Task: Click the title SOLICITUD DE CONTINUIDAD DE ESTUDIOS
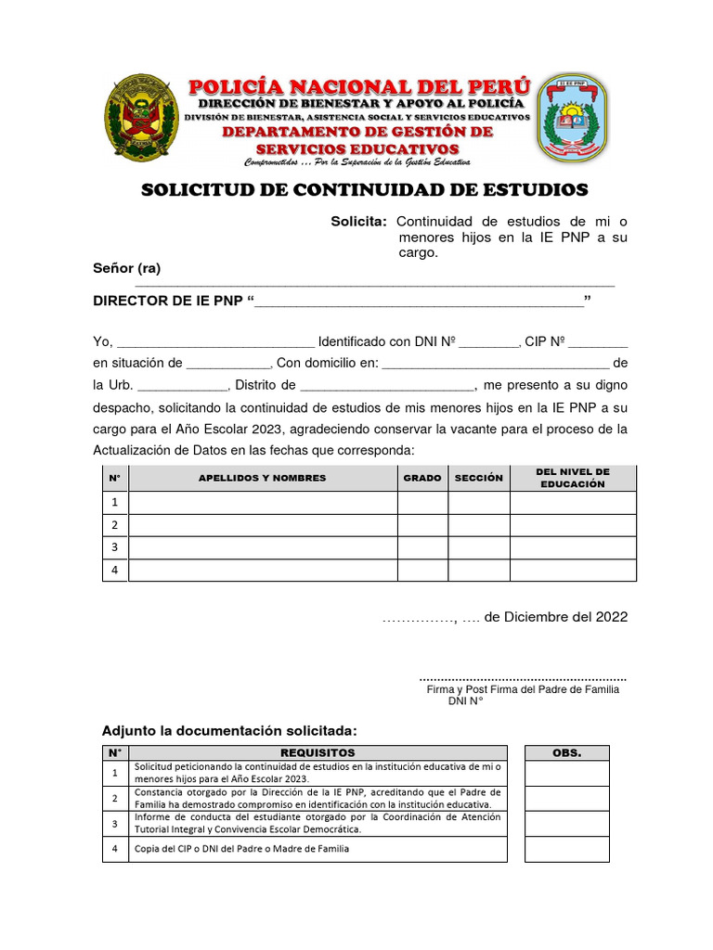point(364,190)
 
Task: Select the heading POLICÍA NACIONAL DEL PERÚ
point(359,88)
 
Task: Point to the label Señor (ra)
point(127,268)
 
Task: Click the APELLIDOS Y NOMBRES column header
point(263,478)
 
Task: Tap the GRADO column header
point(422,478)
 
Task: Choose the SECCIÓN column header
point(478,478)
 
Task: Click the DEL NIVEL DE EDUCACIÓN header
point(573,478)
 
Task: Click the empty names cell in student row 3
point(263,547)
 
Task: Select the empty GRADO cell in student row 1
point(422,503)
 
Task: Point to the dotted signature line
point(523,679)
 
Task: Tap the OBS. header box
point(566,752)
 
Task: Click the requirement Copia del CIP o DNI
point(242,849)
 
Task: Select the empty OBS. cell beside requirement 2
point(566,798)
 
